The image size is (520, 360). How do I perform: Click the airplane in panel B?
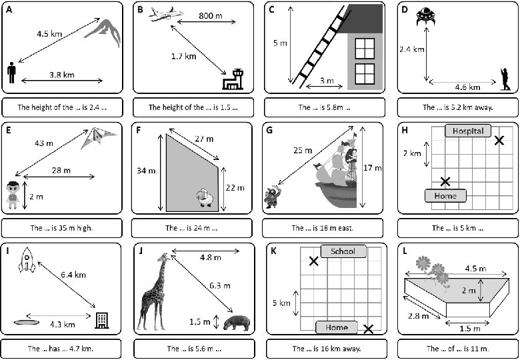pos(165,14)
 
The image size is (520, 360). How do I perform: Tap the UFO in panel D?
pos(425,17)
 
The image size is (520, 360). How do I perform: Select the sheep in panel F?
pos(205,197)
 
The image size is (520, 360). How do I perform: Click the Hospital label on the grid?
pos(468,131)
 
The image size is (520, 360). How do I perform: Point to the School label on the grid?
pos(343,251)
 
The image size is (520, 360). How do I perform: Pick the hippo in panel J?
pos(237,323)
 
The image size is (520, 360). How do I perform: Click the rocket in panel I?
pos(27,260)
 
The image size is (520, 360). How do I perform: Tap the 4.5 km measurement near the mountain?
pos(49,33)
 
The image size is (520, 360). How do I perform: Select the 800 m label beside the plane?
pos(211,15)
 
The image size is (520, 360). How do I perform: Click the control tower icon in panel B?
pos(233,79)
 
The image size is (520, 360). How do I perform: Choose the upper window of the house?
pos(365,49)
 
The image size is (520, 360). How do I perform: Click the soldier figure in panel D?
pos(505,79)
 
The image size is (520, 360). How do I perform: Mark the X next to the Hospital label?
pos(499,141)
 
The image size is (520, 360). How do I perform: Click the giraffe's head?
pos(165,257)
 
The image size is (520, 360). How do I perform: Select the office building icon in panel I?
pos(101,321)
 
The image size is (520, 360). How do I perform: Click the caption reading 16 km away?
pos(327,349)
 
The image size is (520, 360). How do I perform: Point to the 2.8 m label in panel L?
pos(418,315)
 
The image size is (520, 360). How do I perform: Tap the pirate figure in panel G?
pos(272,197)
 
